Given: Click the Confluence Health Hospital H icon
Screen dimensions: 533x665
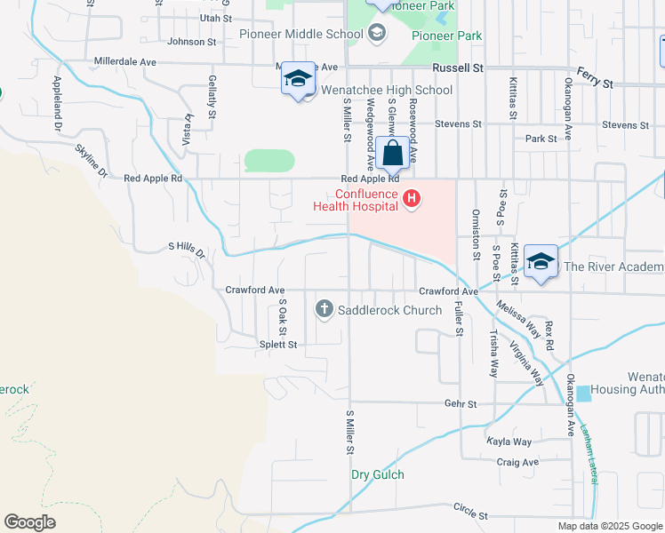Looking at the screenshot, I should click(x=411, y=198).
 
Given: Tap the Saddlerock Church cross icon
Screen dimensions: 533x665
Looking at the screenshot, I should click(x=324, y=309).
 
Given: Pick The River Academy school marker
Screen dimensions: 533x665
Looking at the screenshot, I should click(x=540, y=262).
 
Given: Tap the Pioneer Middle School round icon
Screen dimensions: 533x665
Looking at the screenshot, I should click(x=376, y=34).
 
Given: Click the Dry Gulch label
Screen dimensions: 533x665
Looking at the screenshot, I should click(x=377, y=474).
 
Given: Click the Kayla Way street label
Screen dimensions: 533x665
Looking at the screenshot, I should click(x=509, y=442).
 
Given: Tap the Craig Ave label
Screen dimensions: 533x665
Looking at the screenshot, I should click(x=517, y=462).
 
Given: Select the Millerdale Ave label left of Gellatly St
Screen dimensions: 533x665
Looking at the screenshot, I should click(x=124, y=62).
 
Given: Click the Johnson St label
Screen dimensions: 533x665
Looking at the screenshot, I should click(x=192, y=41).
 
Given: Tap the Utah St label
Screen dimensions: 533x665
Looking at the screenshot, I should click(x=215, y=17).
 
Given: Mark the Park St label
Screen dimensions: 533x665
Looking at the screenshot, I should click(x=541, y=139).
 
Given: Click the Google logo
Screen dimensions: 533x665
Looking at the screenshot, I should click(x=29, y=522).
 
